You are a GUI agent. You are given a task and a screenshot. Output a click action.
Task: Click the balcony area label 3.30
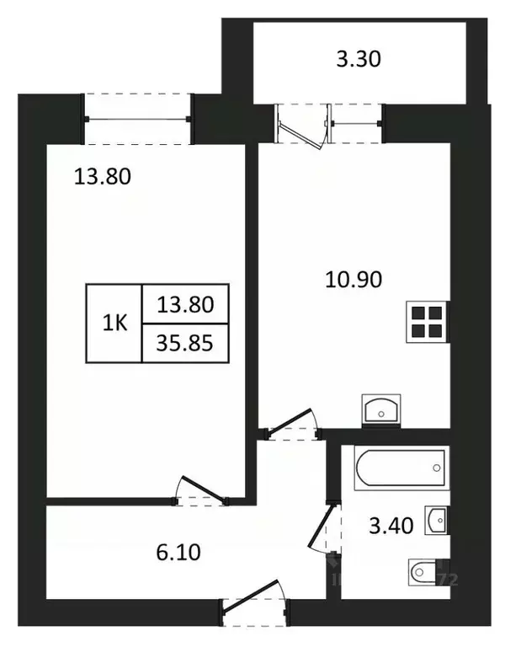[x=357, y=59]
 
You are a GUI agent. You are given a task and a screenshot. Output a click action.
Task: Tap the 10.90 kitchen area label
[x=353, y=279]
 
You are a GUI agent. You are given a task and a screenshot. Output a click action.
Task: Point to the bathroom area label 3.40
[x=391, y=527]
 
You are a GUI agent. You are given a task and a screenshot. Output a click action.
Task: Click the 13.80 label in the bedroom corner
[x=104, y=177]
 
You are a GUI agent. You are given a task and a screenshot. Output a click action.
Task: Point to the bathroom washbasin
[x=436, y=521]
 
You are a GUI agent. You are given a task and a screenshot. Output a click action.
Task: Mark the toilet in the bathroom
[x=426, y=574]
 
